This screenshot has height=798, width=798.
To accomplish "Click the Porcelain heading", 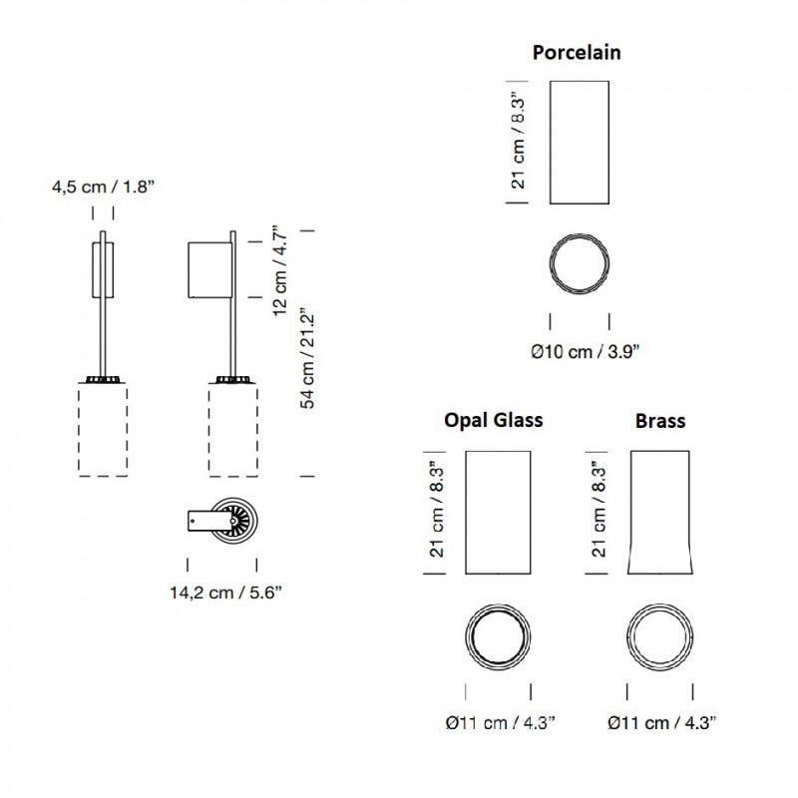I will point(577,52).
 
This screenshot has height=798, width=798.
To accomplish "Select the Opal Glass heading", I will point(493,420).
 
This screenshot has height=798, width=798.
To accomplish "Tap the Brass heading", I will point(660,421).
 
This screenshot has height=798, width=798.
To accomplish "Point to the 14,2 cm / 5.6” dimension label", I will point(225,592).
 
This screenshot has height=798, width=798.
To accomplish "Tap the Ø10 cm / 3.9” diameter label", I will point(585,350).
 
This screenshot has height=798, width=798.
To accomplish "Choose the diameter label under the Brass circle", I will point(660,723).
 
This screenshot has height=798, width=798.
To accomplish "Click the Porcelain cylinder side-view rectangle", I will point(581,142).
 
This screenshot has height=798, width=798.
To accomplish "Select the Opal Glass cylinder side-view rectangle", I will point(497,513).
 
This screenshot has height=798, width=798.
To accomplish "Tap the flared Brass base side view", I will point(659,513).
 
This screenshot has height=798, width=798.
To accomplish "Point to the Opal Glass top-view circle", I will point(497,635).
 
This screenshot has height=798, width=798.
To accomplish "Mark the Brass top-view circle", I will point(659,635).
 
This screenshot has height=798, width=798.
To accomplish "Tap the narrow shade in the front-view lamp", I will point(103,268).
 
